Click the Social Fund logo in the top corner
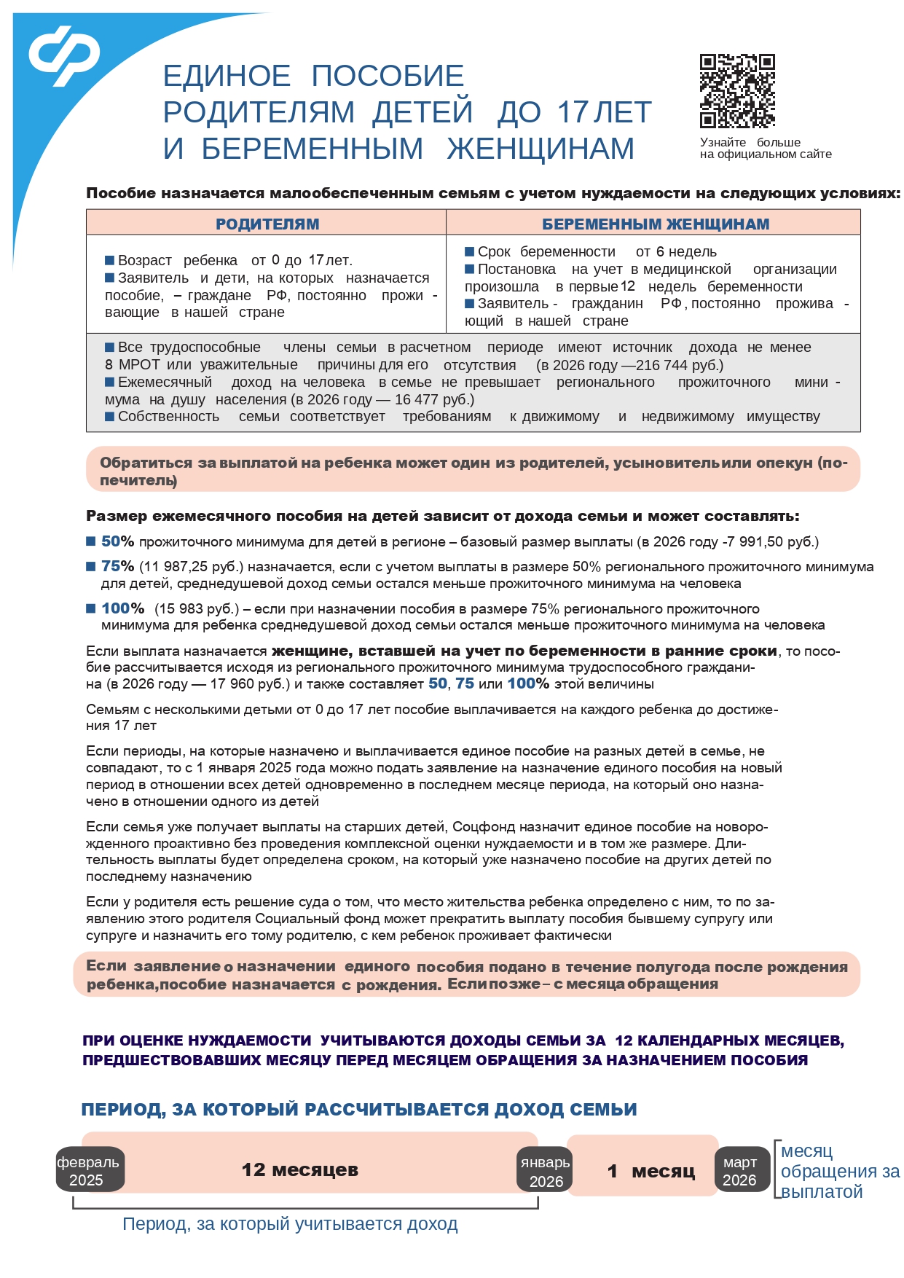[64, 55]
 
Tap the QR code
[736, 91]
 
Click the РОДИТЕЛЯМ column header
[267, 224]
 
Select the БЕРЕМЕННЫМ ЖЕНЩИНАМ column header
[655, 224]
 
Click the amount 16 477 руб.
[434, 399]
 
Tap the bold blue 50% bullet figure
[117, 541]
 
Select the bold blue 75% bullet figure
[117, 566]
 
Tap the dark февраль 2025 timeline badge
[89, 1171]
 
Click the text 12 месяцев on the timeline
[300, 1170]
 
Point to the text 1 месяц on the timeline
[651, 1172]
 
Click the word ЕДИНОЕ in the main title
[227, 76]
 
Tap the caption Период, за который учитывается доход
[290, 1224]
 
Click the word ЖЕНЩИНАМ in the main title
[541, 149]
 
